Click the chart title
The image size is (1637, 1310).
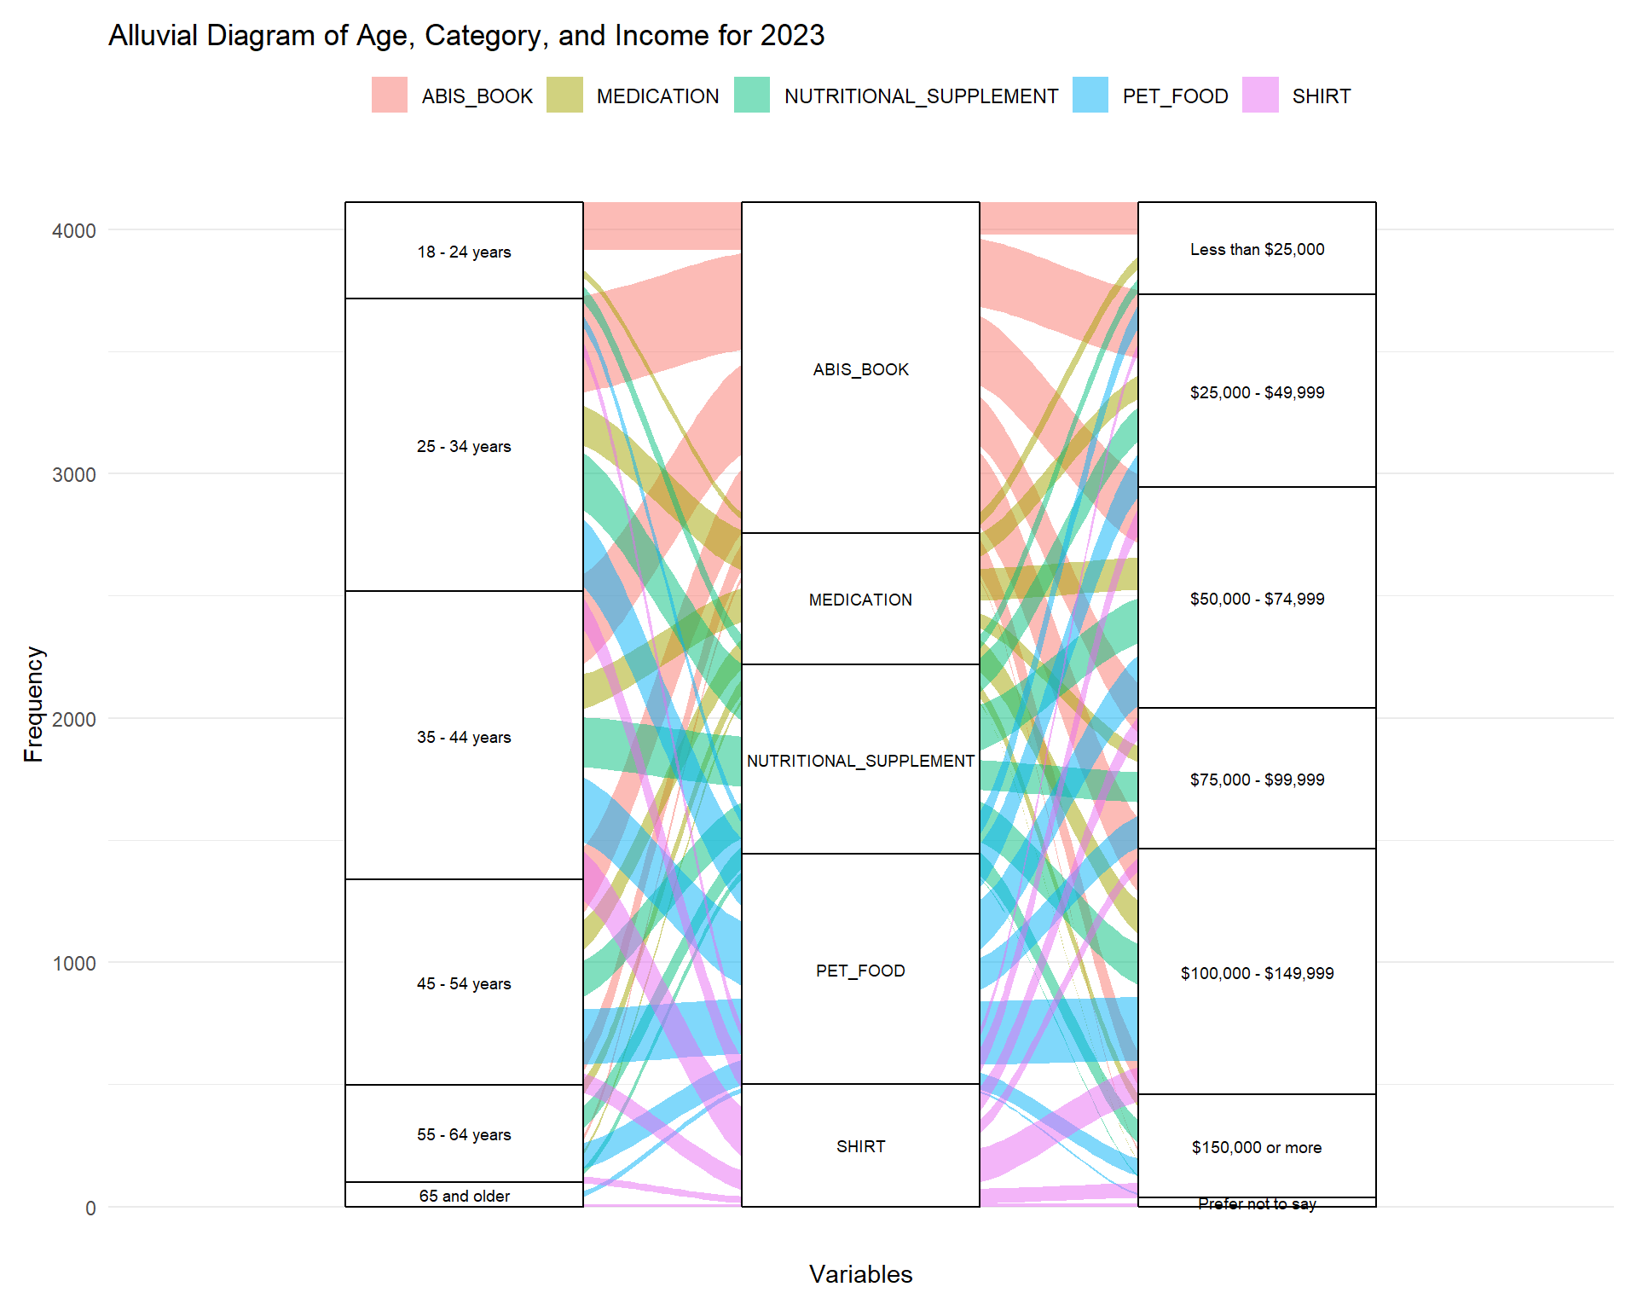466,36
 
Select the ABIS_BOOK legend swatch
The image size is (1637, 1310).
390,95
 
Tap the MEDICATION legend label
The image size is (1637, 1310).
657,96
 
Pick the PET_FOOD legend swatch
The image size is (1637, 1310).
1090,95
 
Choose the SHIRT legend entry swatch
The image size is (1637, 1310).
1260,95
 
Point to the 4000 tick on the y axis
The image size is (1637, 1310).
74,231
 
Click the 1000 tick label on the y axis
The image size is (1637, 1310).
74,964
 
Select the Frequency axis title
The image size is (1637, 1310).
33,704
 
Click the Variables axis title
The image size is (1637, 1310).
860,1274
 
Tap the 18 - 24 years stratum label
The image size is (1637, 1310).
464,252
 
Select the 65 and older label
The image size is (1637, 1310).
464,1196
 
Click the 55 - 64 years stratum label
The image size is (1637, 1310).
464,1134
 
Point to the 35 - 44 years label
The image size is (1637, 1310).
464,737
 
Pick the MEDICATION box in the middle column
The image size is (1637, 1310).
860,600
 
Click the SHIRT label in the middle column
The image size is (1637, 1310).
860,1146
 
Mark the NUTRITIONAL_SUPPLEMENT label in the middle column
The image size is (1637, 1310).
860,761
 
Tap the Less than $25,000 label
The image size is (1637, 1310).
1257,250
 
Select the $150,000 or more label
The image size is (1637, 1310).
1257,1147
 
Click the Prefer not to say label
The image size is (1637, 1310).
1257,1203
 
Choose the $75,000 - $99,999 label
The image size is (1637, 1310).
1257,780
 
